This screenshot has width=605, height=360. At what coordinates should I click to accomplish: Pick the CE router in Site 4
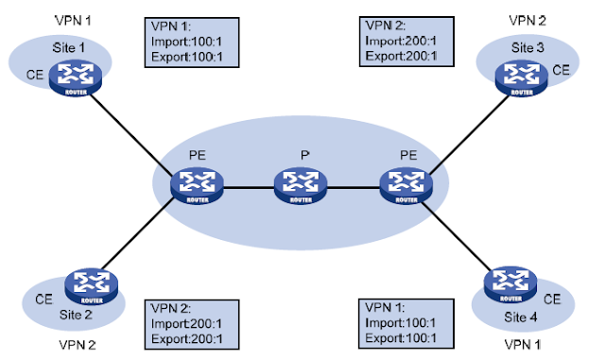click(x=505, y=283)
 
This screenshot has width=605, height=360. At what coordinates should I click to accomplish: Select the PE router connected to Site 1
click(x=193, y=184)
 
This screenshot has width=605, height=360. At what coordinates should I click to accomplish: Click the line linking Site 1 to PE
click(x=132, y=131)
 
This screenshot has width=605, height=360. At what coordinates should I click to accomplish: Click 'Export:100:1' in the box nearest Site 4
click(x=398, y=337)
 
